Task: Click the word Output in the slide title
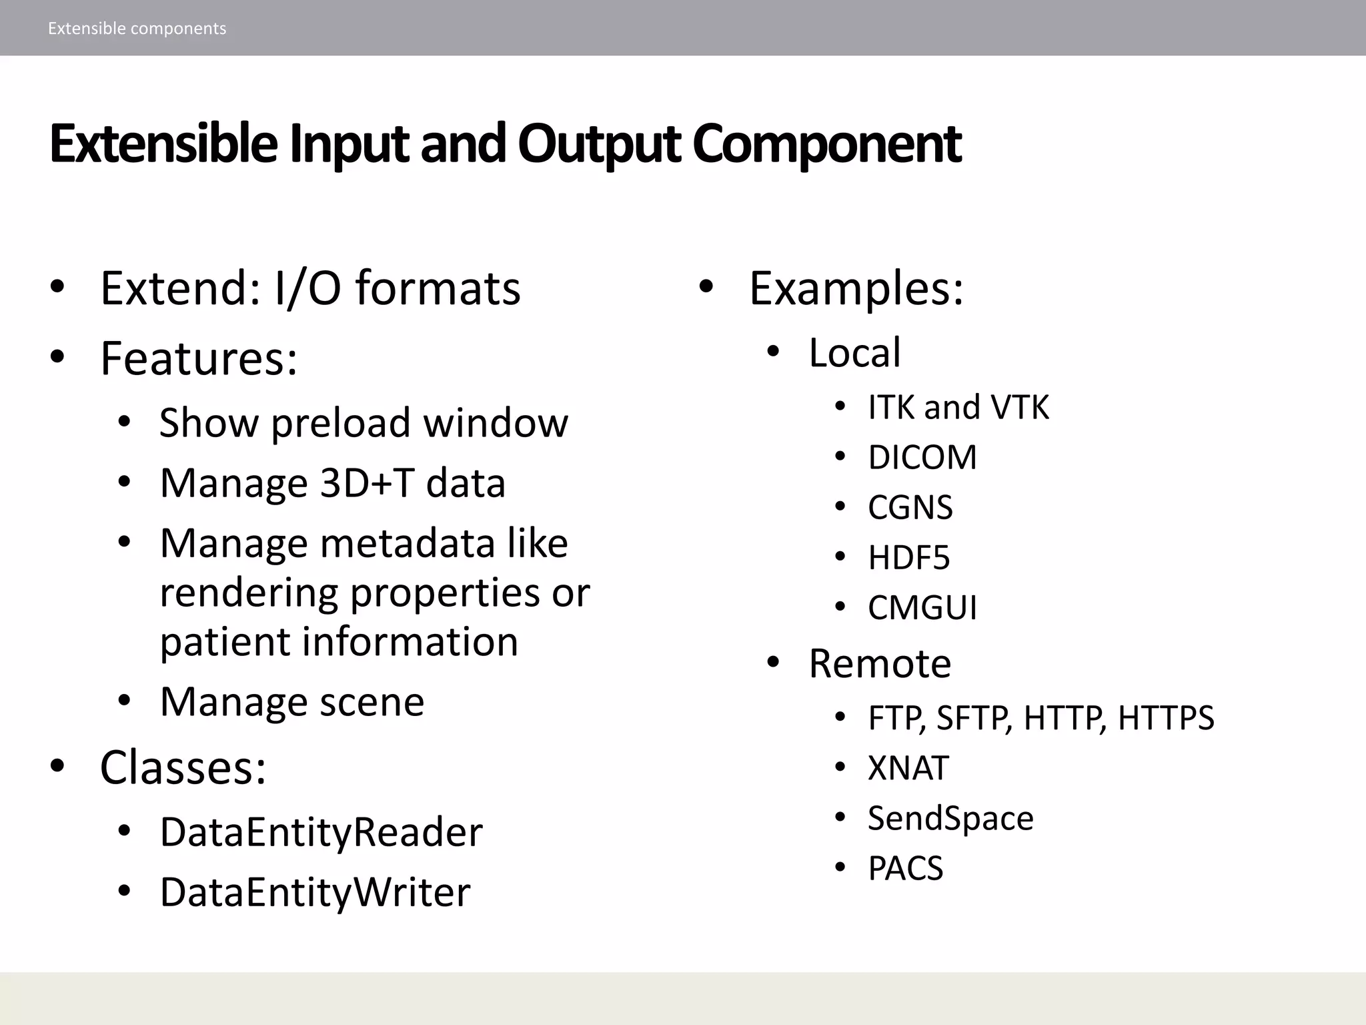pyautogui.click(x=599, y=143)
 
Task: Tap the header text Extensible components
pyautogui.click(x=137, y=29)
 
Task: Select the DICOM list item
pyautogui.click(x=922, y=458)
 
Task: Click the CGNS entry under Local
pyautogui.click(x=910, y=508)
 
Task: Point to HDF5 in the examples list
pyautogui.click(x=908, y=558)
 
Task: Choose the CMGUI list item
pyautogui.click(x=922, y=608)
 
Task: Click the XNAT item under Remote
pyautogui.click(x=908, y=768)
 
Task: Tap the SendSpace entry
pyautogui.click(x=950, y=818)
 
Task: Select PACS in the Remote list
pyautogui.click(x=905, y=869)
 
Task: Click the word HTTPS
pyautogui.click(x=1165, y=719)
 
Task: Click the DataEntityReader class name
pyautogui.click(x=321, y=833)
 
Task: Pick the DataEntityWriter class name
pyautogui.click(x=315, y=893)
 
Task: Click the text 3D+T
pyautogui.click(x=367, y=483)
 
